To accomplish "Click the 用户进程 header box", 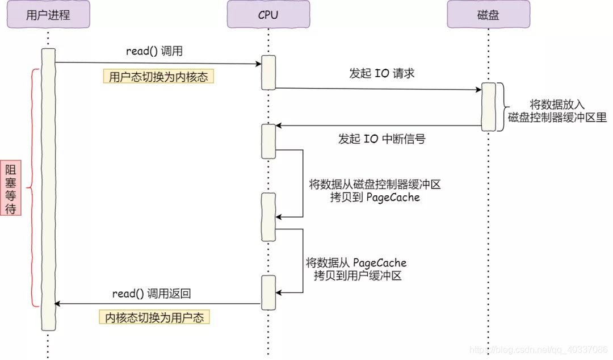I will click(x=48, y=15).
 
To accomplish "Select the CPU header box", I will click(x=268, y=15).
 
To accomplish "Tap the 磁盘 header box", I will click(x=488, y=15).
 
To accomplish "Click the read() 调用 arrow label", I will click(x=154, y=51).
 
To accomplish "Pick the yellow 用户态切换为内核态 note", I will click(x=158, y=77).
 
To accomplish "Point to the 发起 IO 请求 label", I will click(x=381, y=74).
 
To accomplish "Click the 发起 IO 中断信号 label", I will click(x=381, y=139).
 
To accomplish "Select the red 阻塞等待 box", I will click(x=11, y=189).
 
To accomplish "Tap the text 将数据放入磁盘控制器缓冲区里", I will click(x=557, y=112).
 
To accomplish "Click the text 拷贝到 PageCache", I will click(x=375, y=197).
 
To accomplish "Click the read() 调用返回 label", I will click(x=151, y=294).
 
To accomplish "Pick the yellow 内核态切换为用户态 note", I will click(x=154, y=317).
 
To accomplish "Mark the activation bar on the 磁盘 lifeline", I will click(x=488, y=107).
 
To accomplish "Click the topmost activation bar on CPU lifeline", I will click(x=268, y=72).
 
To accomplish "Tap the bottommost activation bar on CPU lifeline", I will click(x=268, y=292).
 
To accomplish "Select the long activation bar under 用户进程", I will click(x=48, y=189).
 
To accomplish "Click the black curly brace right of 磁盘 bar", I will click(x=501, y=107).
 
